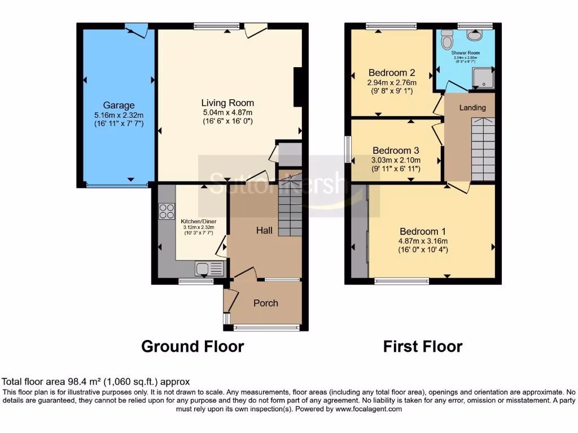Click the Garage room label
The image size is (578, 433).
coord(119,105)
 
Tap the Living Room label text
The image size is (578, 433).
coord(227,103)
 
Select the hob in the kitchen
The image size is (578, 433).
coord(167,211)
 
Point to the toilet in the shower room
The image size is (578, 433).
coord(448,39)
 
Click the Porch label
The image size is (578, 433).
coord(265,303)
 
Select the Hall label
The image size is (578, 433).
coord(265,230)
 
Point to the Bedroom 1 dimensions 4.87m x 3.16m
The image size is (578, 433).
coord(423,241)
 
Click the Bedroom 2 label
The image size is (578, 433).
coord(392,73)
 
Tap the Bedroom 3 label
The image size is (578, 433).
coord(395,151)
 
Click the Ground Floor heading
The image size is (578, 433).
coord(192,346)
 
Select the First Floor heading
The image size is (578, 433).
coord(423,346)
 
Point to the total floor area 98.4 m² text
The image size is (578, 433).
coord(96,382)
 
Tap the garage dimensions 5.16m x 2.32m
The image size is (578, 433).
coord(119,115)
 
